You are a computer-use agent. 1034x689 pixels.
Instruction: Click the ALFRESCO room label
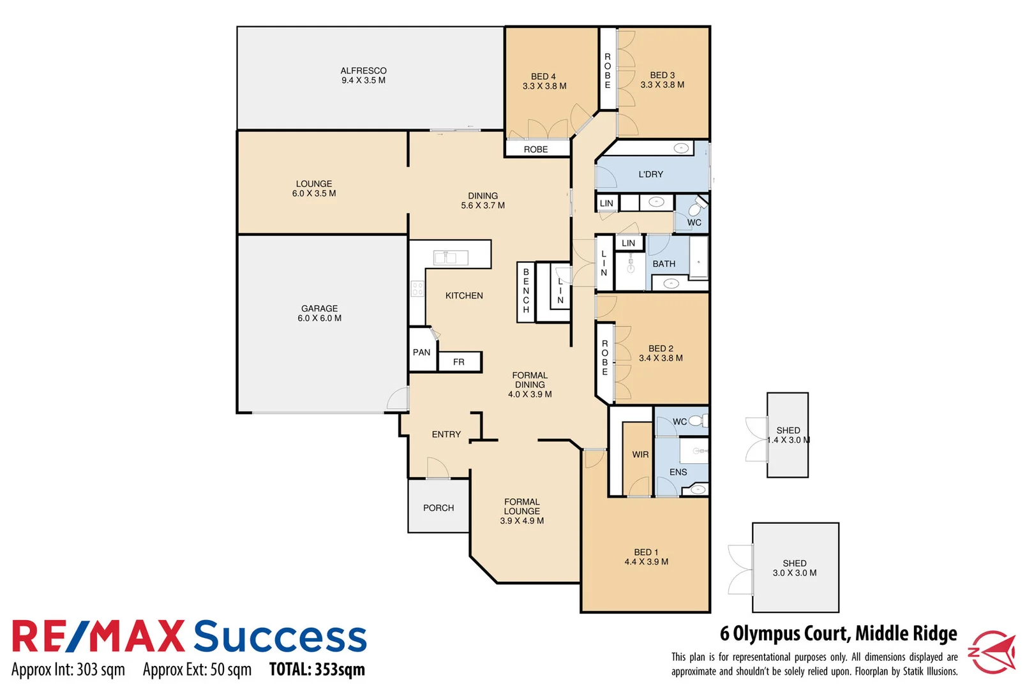(x=363, y=75)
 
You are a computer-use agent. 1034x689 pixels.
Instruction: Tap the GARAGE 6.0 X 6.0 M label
(x=319, y=313)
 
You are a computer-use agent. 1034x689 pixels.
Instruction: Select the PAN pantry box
(x=421, y=352)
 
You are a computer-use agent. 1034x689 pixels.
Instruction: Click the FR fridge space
(x=459, y=362)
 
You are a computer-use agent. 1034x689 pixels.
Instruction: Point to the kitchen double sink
(x=451, y=258)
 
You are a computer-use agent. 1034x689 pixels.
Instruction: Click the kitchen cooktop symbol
(x=417, y=288)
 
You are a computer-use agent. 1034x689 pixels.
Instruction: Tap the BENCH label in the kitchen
(x=526, y=291)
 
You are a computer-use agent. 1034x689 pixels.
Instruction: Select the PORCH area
(x=438, y=508)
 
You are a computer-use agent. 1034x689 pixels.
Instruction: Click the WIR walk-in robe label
(x=640, y=455)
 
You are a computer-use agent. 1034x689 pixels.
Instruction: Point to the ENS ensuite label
(x=678, y=472)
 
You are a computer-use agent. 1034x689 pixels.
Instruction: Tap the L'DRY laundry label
(x=651, y=174)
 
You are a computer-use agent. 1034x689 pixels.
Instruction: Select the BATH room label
(x=664, y=263)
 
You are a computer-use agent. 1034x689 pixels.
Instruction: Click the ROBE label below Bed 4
(x=536, y=149)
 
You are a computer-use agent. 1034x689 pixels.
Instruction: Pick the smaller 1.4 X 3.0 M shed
(x=788, y=435)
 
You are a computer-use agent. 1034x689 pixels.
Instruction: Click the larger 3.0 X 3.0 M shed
(x=795, y=568)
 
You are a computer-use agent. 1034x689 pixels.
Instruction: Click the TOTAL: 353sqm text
(x=317, y=670)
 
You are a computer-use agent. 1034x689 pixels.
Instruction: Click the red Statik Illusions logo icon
(x=993, y=651)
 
